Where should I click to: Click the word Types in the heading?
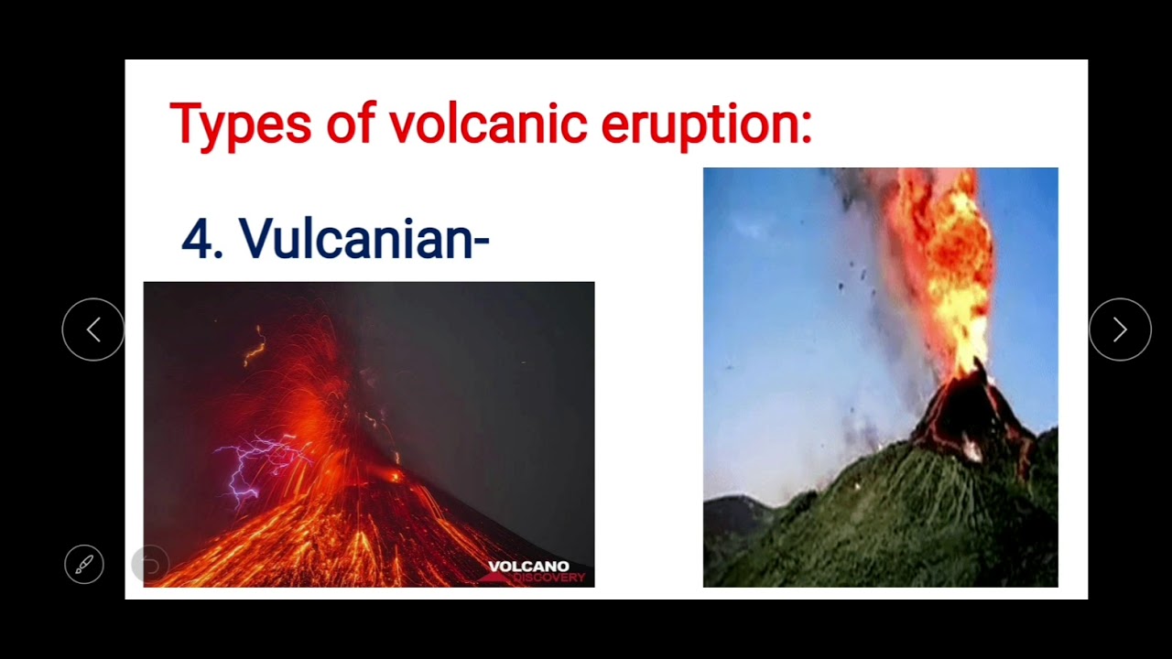click(241, 124)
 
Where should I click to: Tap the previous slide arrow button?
click(93, 329)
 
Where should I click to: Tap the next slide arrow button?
click(1120, 329)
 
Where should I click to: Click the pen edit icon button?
click(84, 565)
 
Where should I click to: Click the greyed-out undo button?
click(150, 565)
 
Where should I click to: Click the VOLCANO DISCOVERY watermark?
click(536, 571)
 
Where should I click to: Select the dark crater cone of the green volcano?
click(971, 412)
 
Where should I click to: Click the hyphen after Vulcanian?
click(482, 243)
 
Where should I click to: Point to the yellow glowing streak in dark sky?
click(255, 347)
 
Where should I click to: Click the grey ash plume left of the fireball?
click(870, 302)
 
